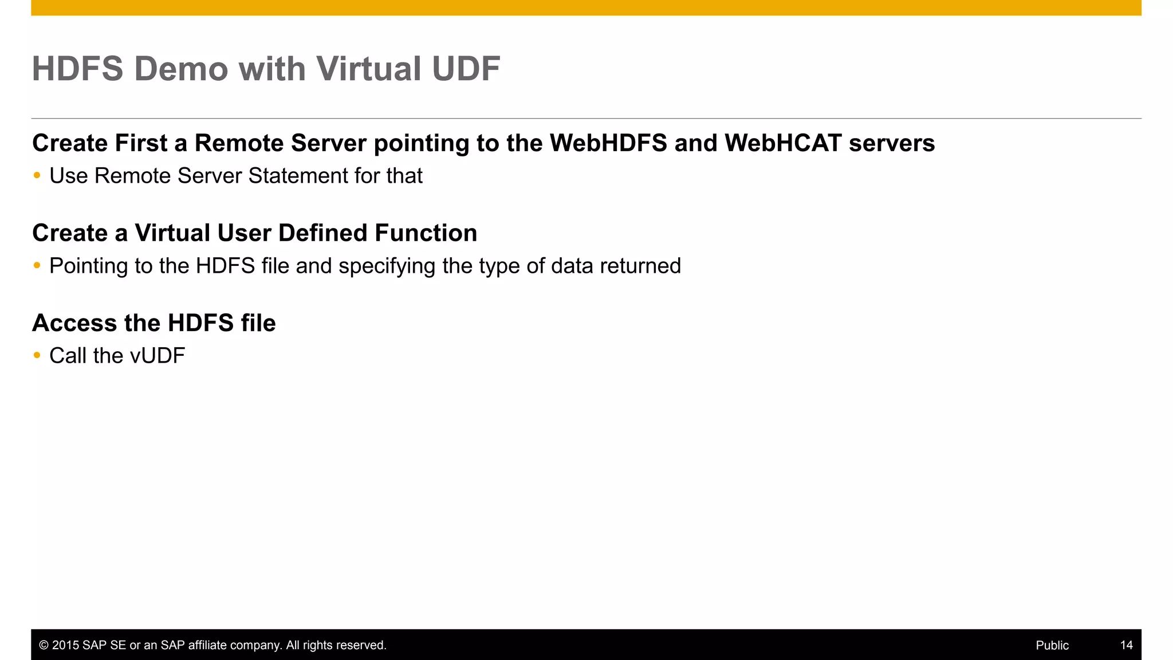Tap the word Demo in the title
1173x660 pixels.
coord(181,69)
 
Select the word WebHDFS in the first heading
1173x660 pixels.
coord(608,143)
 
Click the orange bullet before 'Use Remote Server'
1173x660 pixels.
coord(37,175)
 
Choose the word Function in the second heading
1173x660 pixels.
coord(426,233)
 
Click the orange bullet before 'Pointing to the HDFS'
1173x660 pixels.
coord(37,265)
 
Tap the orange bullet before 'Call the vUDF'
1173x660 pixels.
coord(37,355)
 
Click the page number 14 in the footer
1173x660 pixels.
coord(1126,645)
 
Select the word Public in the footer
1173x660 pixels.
coord(1052,645)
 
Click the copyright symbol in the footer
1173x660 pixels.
coord(44,645)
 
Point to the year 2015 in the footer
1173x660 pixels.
coord(65,645)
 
